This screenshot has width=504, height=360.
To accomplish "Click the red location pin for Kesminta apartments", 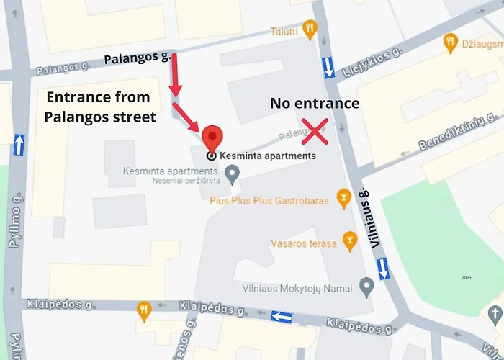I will point(211,137).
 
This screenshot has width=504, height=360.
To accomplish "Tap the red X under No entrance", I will point(315,130).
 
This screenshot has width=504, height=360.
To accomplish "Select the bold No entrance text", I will point(314,104).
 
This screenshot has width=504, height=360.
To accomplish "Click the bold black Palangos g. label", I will point(138,58).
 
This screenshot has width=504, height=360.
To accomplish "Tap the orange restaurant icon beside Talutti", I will point(310,30).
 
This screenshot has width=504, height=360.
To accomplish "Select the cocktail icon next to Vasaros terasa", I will point(349,239).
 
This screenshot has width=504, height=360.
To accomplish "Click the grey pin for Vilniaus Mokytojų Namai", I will point(367,289).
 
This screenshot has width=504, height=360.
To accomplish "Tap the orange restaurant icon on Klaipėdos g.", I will point(143,310).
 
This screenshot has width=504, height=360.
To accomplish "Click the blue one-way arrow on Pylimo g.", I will point(19,144).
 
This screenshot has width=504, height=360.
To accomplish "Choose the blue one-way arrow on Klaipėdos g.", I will point(282,317).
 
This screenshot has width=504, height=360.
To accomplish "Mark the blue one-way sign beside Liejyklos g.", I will point(328,67).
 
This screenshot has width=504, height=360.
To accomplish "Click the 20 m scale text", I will point(467,277).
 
